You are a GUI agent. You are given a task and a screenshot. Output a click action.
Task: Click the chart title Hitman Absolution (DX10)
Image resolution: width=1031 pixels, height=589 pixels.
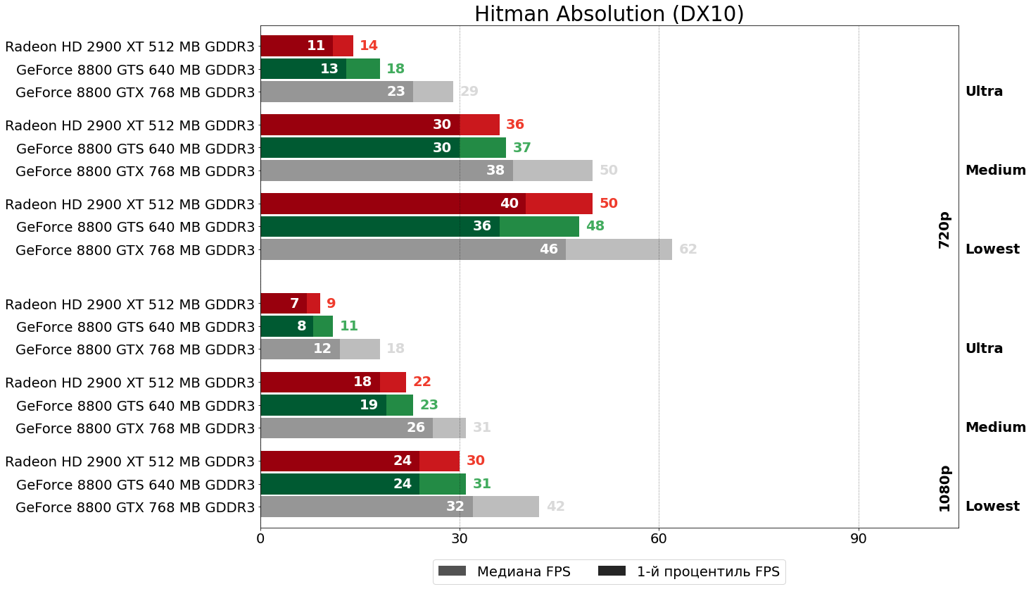point(609,14)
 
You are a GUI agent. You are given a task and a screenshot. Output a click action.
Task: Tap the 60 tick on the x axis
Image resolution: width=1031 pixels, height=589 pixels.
point(659,539)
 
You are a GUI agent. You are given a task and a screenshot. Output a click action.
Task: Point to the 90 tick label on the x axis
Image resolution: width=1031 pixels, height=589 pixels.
point(858,539)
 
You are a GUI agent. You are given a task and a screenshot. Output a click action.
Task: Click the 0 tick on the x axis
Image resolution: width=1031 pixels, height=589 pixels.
point(260,539)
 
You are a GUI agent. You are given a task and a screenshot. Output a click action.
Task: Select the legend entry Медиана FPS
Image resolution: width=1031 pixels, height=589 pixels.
point(504,571)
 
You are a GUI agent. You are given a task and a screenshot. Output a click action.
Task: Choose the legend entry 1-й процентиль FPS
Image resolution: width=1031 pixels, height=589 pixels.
point(689,571)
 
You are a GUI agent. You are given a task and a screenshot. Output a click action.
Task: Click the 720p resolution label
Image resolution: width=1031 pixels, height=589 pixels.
point(944,230)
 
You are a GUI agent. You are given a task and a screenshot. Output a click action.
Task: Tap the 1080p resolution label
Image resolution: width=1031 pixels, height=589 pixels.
point(944,488)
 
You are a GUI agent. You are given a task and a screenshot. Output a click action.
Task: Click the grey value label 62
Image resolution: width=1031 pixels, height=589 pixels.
point(688,249)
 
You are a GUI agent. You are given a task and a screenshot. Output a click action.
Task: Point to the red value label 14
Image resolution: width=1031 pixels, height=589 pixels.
point(369,46)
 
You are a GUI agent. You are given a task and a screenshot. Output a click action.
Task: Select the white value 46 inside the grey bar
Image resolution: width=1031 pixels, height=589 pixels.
point(548,249)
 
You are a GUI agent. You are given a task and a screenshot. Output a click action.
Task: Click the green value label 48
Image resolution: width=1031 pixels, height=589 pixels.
point(595,226)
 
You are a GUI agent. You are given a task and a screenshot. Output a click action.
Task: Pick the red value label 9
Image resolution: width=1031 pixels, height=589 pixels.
point(331,304)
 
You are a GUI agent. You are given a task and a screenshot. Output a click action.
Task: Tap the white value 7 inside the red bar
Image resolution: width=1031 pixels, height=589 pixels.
point(294,304)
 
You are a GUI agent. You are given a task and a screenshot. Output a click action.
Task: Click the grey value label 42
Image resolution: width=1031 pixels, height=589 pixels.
point(555,507)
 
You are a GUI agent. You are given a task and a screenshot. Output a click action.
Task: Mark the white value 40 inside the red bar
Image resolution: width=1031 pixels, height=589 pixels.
point(509,204)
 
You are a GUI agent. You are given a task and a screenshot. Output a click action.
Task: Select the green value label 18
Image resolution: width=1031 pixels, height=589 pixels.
point(396,69)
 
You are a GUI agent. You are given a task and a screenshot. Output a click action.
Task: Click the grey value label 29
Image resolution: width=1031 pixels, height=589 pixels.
point(469,92)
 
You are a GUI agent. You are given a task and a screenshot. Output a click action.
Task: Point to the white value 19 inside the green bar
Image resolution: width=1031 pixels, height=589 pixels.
point(369,405)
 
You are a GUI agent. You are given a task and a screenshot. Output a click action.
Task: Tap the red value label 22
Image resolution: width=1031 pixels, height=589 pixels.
point(422,382)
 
